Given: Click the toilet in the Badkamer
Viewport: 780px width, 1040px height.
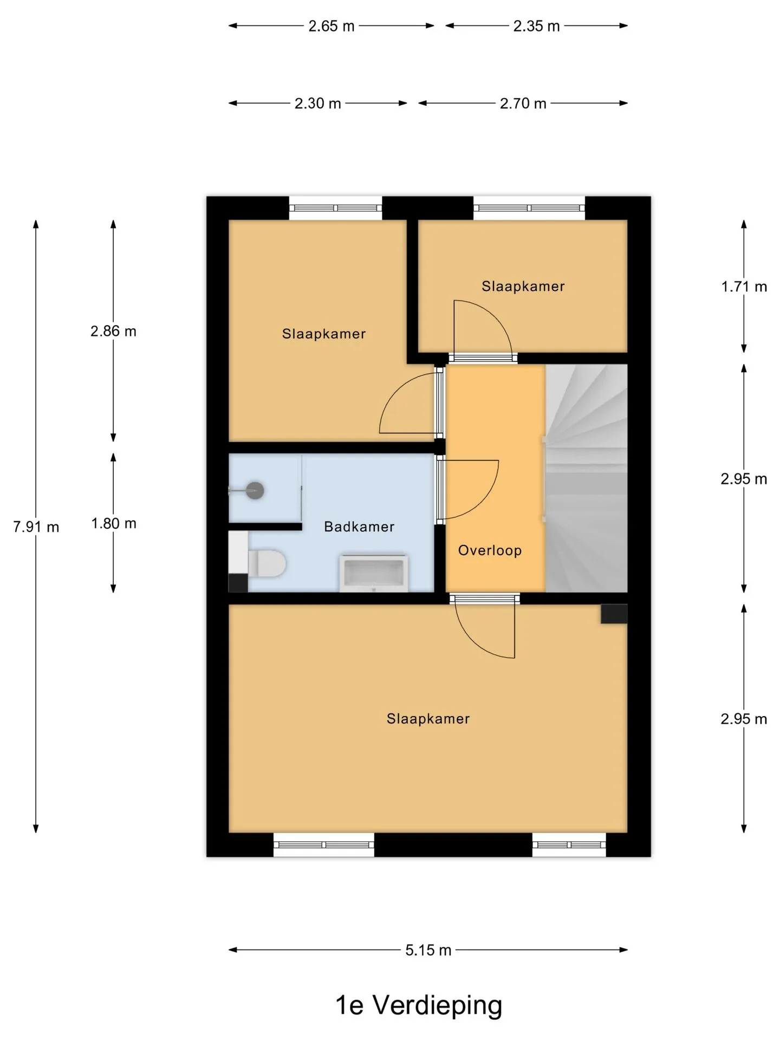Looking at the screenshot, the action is pyautogui.click(x=266, y=563).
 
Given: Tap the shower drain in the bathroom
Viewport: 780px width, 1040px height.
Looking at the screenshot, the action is pyautogui.click(x=255, y=491).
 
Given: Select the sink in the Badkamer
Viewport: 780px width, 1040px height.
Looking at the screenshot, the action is pyautogui.click(x=374, y=573).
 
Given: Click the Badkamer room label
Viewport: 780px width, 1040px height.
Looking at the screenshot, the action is pyautogui.click(x=359, y=526).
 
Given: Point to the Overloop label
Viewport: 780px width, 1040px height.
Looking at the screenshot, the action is pyautogui.click(x=490, y=551).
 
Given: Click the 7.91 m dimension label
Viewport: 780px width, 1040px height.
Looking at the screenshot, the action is pyautogui.click(x=36, y=526).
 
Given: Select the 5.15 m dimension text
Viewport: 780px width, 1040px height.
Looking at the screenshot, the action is pyautogui.click(x=428, y=950).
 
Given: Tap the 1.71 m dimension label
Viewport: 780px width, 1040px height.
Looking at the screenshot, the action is pyautogui.click(x=744, y=287).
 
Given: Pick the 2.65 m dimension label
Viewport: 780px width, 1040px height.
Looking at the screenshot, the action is pyautogui.click(x=331, y=26).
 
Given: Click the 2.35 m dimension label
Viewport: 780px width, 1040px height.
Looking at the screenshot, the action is pyautogui.click(x=536, y=26).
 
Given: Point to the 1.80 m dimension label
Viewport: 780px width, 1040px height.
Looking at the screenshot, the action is pyautogui.click(x=114, y=523).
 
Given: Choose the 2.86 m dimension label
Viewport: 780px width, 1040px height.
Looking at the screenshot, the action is pyautogui.click(x=113, y=331).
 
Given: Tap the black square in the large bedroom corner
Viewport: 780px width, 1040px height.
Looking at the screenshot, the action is pyautogui.click(x=614, y=614).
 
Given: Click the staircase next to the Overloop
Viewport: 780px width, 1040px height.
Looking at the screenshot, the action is pyautogui.click(x=586, y=478).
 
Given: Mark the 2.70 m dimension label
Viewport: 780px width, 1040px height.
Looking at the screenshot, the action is pyautogui.click(x=523, y=103).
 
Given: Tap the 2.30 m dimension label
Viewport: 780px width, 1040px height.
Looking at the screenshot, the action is pyautogui.click(x=317, y=103).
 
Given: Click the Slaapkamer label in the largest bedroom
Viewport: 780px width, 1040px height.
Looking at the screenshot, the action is pyautogui.click(x=428, y=719).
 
